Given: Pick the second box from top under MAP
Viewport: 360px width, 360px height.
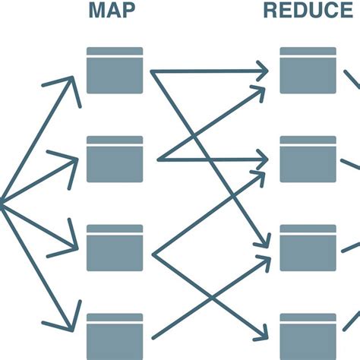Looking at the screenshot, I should (115, 159).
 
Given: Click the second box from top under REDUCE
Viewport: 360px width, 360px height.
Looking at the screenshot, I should (308, 159).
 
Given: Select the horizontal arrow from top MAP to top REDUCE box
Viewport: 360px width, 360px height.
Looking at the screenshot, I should (209, 72).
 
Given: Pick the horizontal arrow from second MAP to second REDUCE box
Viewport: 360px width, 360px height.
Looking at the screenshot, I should (213, 159).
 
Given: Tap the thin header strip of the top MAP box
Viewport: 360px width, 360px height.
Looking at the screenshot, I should (115, 51).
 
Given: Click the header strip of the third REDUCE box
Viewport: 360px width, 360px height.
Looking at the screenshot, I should (308, 228).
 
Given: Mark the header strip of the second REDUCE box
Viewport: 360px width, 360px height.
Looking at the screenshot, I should (308, 140).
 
